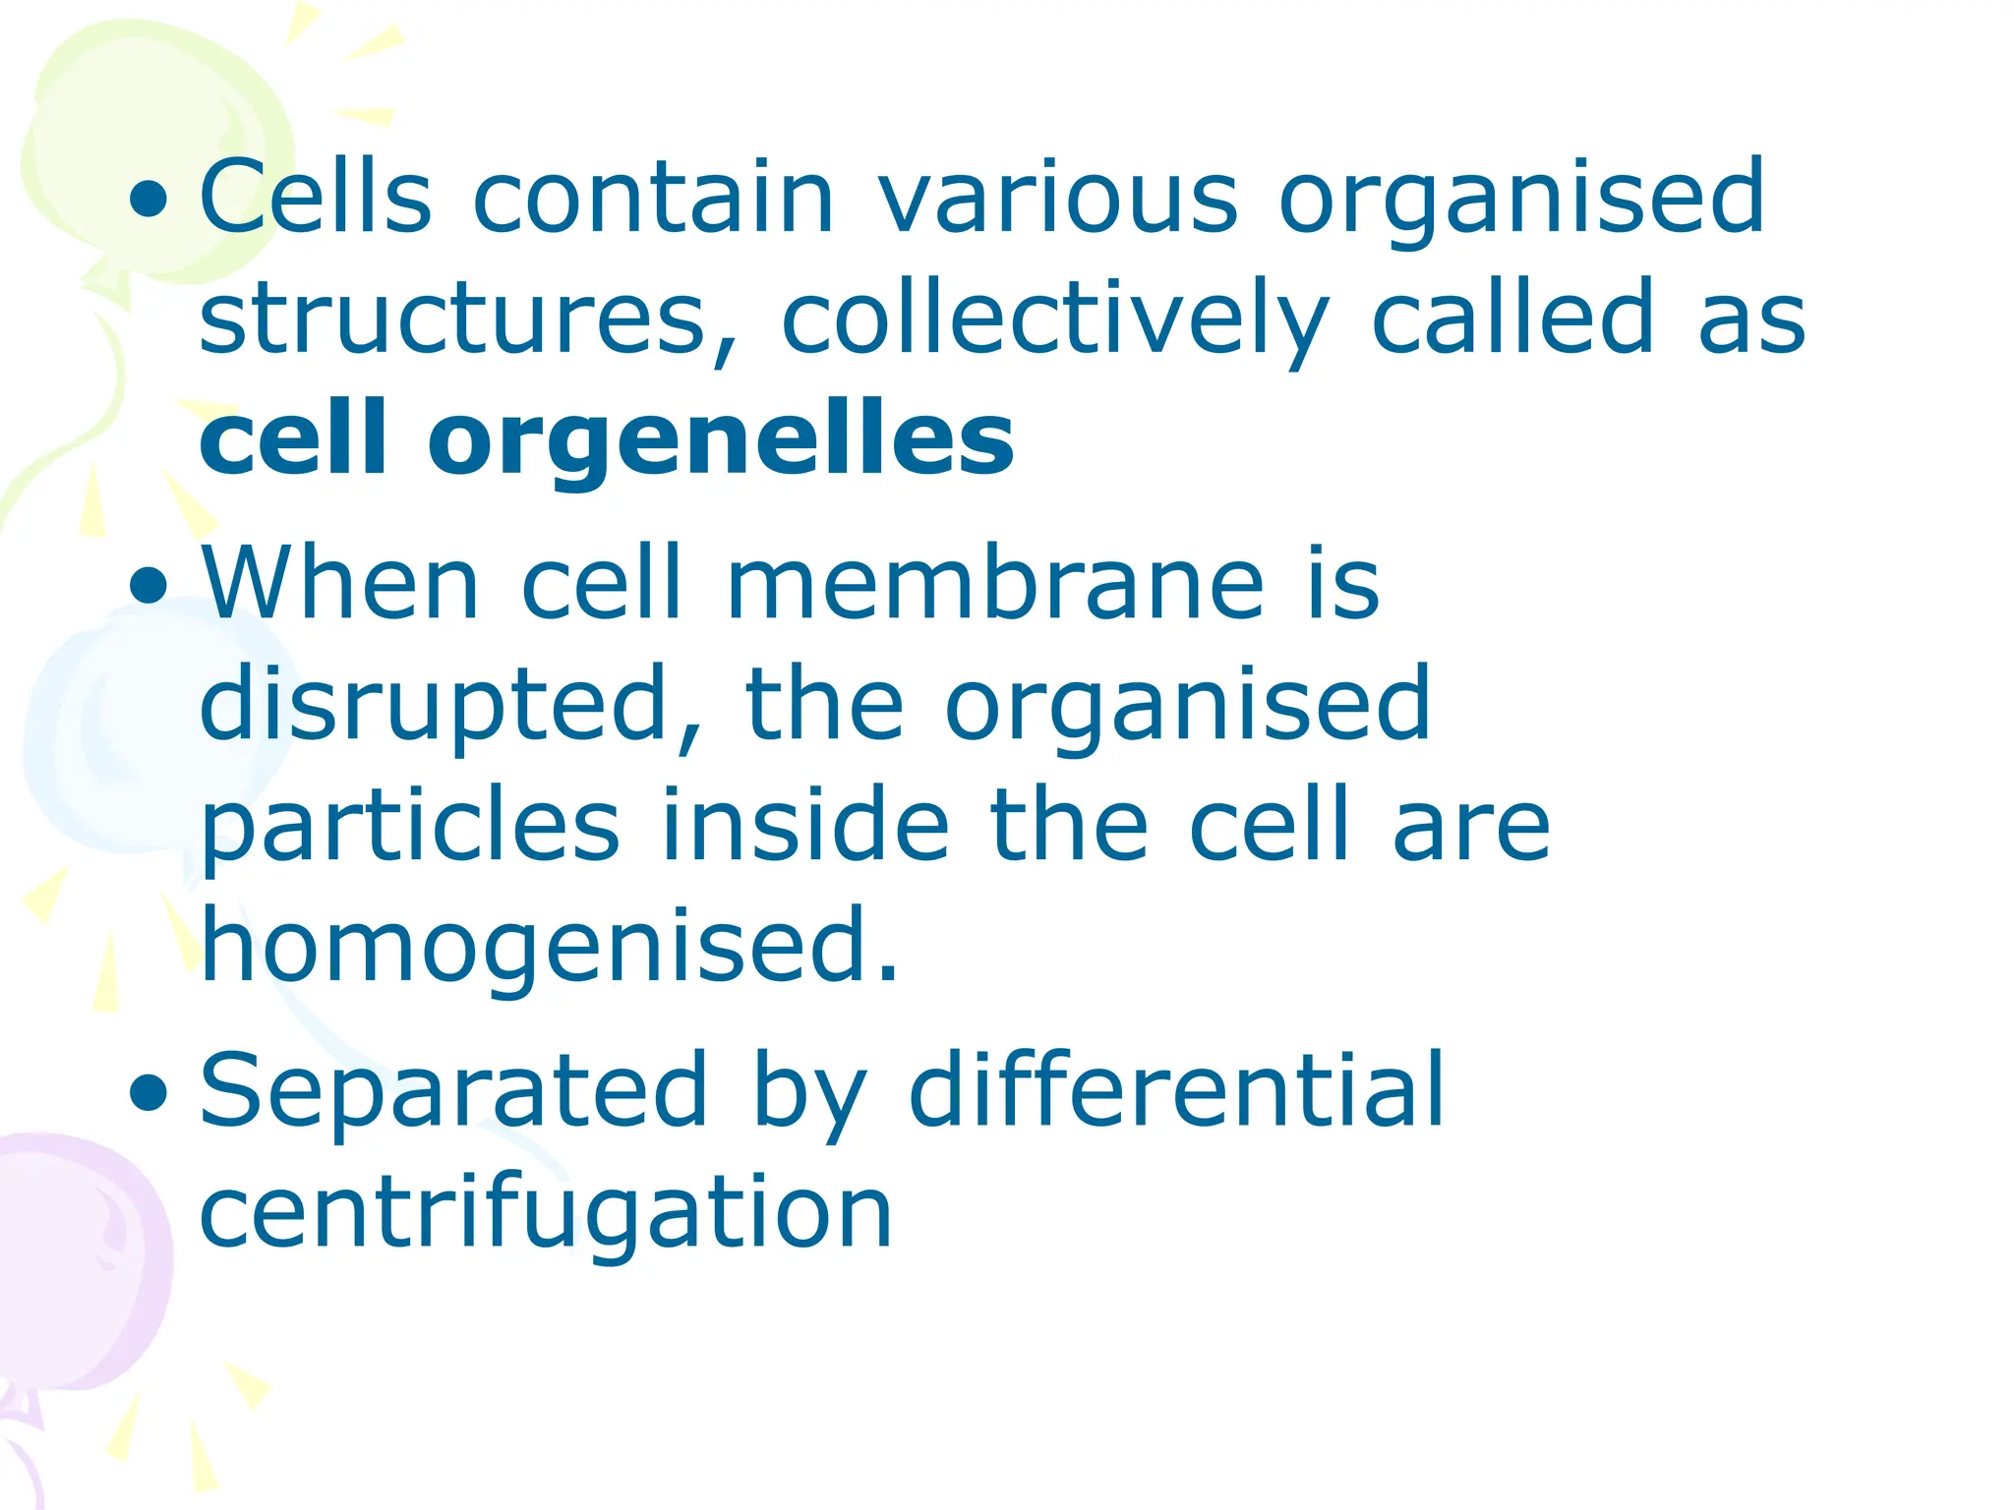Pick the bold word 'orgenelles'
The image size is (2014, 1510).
(x=721, y=439)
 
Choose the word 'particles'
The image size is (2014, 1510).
(x=409, y=827)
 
